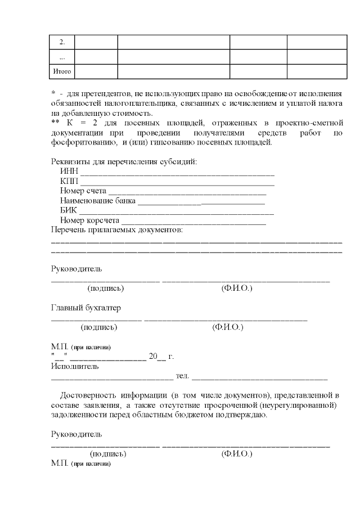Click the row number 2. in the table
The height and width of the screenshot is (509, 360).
click(x=62, y=42)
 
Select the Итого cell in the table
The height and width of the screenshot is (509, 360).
click(x=62, y=71)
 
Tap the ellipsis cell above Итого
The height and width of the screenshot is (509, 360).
click(x=62, y=57)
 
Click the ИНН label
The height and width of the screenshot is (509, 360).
click(x=69, y=172)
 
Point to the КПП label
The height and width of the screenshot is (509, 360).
click(x=69, y=182)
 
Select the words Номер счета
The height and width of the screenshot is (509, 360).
click(x=83, y=191)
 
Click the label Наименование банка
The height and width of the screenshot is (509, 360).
click(x=97, y=201)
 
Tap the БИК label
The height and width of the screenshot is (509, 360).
click(x=69, y=210)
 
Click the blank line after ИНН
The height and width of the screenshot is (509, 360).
click(x=177, y=173)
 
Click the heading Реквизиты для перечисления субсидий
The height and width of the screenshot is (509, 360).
click(x=124, y=162)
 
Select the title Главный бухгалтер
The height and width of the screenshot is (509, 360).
click(x=86, y=308)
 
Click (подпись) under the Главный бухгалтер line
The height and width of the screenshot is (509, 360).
click(x=99, y=327)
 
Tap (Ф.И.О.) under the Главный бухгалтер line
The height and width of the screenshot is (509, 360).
click(x=227, y=327)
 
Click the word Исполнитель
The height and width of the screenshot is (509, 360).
click(x=75, y=366)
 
